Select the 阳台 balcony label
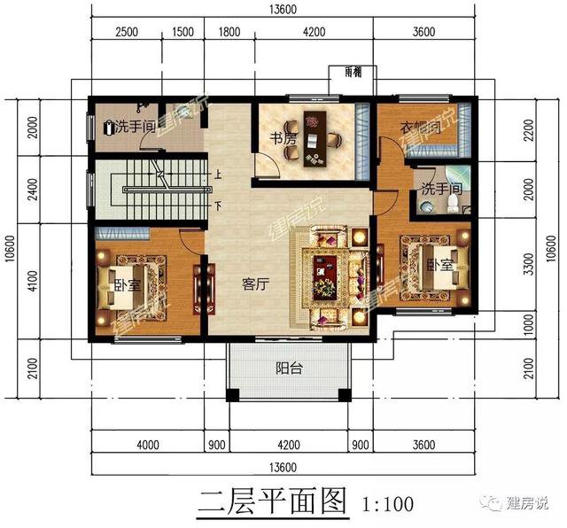pyautogui.click(x=288, y=368)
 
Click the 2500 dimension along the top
pyautogui.click(x=128, y=33)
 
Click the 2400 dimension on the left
pyautogui.click(x=34, y=189)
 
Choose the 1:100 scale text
pyautogui.click(x=388, y=505)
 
